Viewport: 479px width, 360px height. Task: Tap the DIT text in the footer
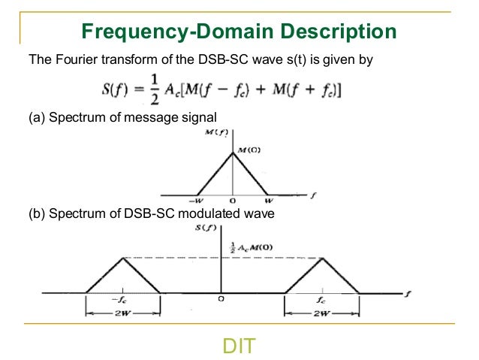pos(239,346)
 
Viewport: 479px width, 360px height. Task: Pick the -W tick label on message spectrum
pos(197,201)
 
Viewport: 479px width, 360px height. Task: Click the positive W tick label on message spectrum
pos(270,201)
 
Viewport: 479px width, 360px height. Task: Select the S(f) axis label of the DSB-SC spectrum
pos(205,227)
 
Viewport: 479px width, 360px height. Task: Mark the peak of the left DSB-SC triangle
pos(123,259)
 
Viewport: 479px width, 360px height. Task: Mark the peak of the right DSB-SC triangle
pos(321,259)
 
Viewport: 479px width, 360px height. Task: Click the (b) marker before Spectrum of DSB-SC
pos(35,213)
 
